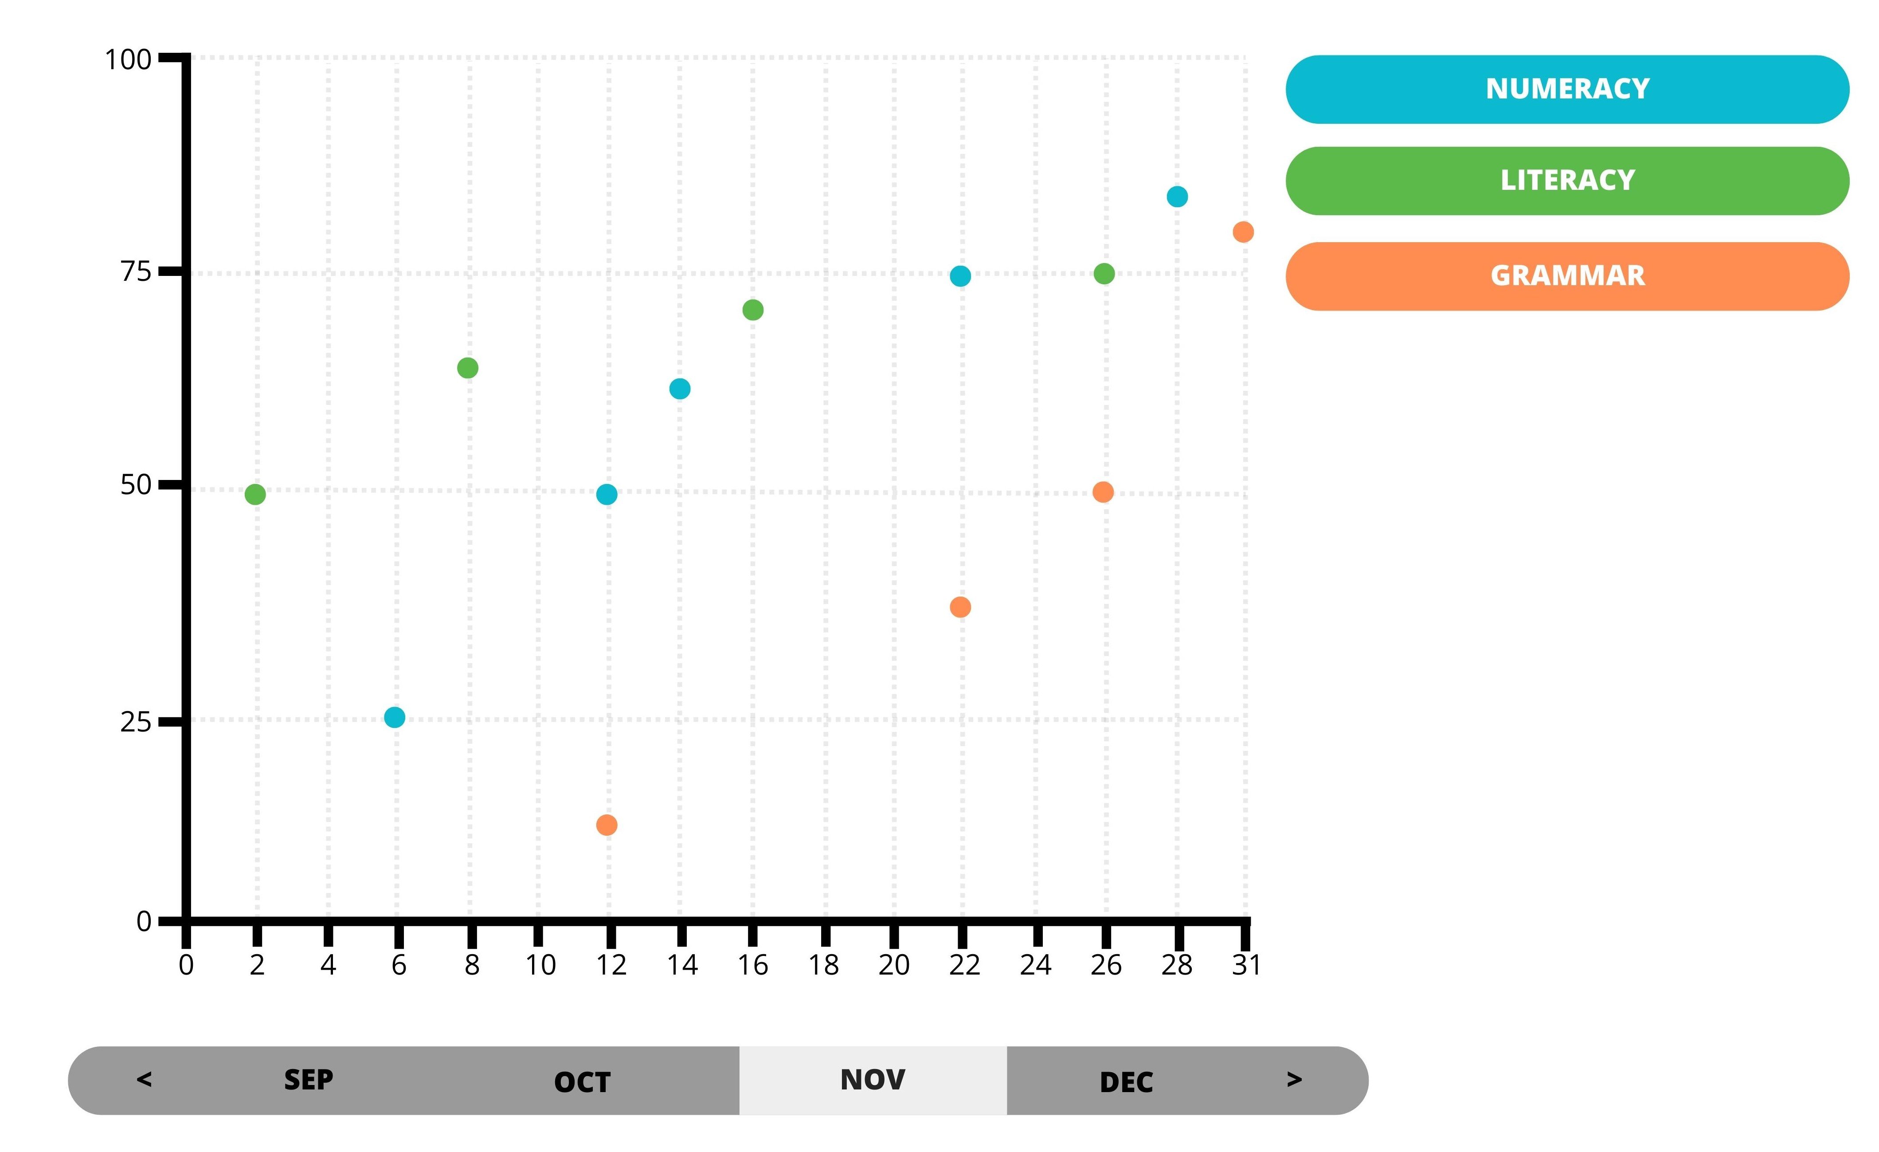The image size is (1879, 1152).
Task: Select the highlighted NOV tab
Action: (x=873, y=1080)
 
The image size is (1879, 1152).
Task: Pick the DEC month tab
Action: (x=1126, y=1082)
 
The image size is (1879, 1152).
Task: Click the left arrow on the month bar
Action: (x=144, y=1080)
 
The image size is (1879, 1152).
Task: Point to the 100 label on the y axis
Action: (x=128, y=59)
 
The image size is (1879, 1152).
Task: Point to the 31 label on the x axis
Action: (x=1246, y=966)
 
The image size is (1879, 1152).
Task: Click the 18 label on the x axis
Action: (x=824, y=966)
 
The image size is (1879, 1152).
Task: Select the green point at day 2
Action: (x=255, y=494)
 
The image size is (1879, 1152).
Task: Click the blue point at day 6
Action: (x=394, y=717)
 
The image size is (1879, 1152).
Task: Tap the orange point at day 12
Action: (x=606, y=825)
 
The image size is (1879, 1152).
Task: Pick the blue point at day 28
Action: (x=1177, y=197)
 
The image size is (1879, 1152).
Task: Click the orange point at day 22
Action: (x=960, y=607)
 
